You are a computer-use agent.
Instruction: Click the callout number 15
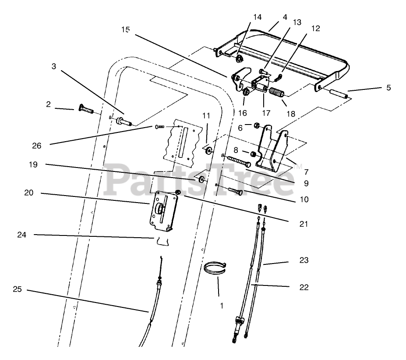126,29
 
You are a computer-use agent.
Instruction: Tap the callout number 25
18,289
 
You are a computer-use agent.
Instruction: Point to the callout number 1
222,306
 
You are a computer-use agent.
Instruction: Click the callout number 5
388,88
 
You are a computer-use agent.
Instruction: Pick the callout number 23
304,260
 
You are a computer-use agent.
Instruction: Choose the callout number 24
22,235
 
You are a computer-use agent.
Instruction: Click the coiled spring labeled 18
276,95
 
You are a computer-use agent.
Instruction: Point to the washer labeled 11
208,151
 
